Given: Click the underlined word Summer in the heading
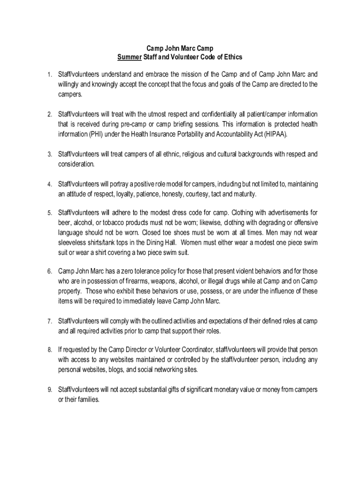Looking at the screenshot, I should point(129,57).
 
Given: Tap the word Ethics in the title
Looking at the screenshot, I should point(232,57).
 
